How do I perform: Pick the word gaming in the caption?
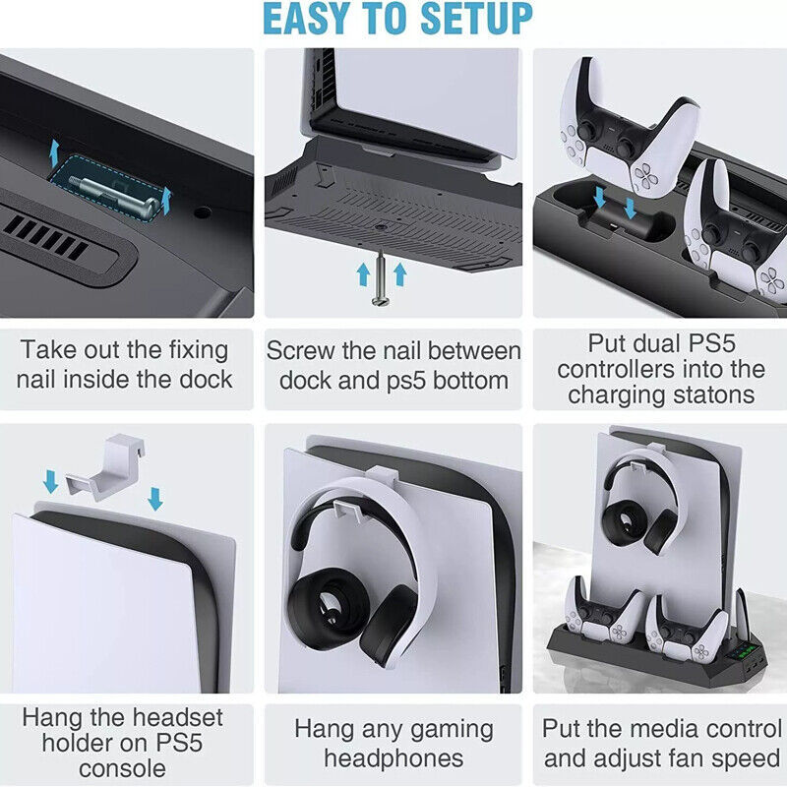coord(447,729)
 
